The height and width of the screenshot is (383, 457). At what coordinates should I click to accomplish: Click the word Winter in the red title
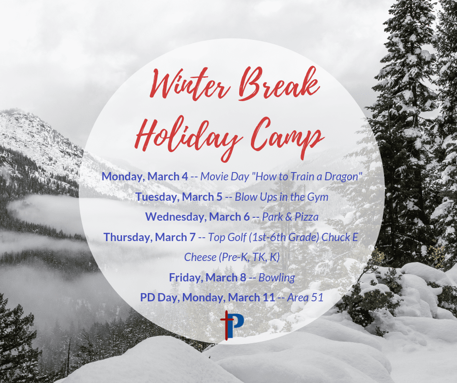(x=190, y=84)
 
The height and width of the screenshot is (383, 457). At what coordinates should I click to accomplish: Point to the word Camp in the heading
(x=287, y=137)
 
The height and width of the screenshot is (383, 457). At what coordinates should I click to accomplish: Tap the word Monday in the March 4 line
(x=123, y=176)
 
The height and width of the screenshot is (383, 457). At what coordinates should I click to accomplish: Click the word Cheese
(x=200, y=257)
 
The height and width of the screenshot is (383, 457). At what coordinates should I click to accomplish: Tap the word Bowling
(x=277, y=278)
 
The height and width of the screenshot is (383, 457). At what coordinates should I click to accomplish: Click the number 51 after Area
(x=317, y=297)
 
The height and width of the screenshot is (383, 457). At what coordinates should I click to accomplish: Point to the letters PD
(x=147, y=297)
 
